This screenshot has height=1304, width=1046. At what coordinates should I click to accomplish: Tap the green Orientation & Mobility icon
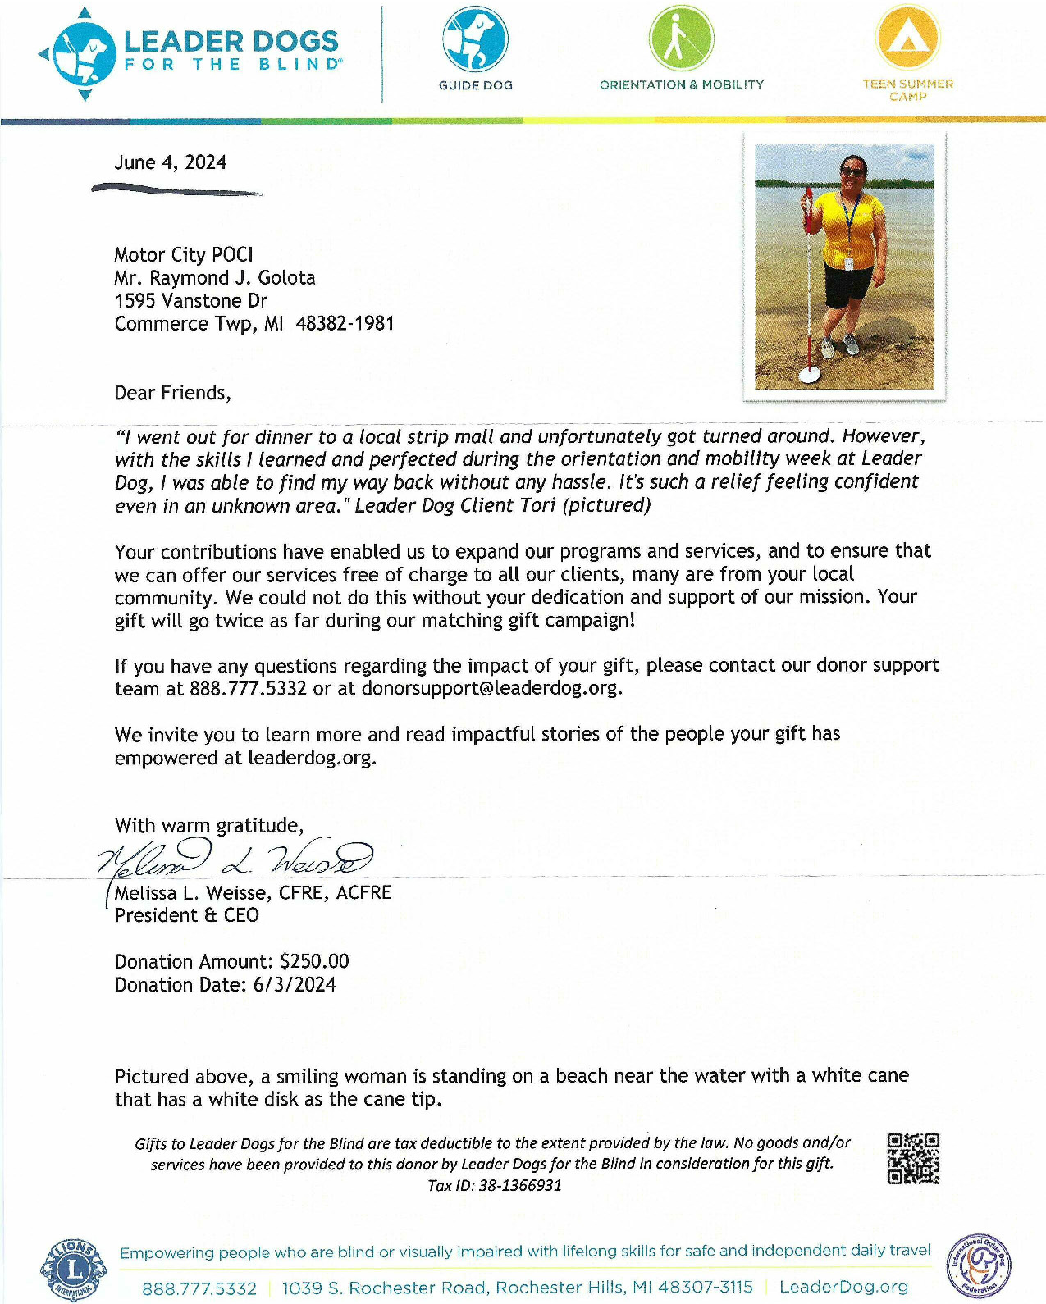click(681, 39)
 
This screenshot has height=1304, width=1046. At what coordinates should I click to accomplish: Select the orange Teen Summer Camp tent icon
click(907, 37)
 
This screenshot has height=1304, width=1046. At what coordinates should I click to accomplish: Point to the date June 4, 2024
click(171, 162)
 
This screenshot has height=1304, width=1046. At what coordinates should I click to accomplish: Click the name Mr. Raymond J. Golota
click(215, 278)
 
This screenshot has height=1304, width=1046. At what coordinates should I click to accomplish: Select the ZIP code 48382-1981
click(345, 324)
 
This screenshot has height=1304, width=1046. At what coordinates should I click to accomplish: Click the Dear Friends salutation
click(172, 393)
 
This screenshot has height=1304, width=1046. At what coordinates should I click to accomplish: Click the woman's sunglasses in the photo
click(853, 171)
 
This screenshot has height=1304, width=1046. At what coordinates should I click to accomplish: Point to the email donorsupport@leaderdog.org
click(489, 688)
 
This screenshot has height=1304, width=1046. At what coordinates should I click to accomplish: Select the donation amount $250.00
click(314, 961)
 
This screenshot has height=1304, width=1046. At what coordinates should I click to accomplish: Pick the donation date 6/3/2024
click(295, 985)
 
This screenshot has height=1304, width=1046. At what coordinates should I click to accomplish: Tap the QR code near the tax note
click(913, 1159)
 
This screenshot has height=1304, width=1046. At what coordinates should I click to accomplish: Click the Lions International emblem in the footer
click(74, 1270)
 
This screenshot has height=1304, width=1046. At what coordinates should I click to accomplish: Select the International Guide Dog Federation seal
click(979, 1265)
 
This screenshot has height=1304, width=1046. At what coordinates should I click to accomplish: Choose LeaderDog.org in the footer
click(843, 1288)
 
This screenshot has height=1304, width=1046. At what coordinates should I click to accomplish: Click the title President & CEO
click(187, 915)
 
